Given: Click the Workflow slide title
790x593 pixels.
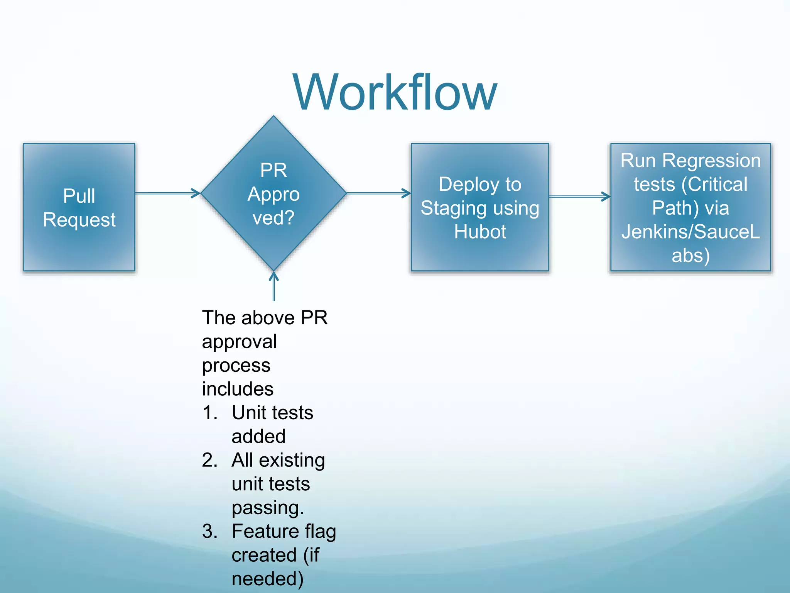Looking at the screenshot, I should pos(395,93).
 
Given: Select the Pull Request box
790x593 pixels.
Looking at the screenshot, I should pos(79,207).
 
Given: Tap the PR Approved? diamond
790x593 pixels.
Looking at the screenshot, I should pos(273,193).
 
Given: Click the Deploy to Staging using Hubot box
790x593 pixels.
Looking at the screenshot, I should pos(480,207).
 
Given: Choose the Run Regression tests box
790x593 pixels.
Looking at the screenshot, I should pos(690,207).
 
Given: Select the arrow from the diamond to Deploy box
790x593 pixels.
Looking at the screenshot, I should pos(378,193).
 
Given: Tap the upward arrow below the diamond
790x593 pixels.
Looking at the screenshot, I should pos(273,286).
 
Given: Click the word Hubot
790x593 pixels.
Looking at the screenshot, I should pos(480,232).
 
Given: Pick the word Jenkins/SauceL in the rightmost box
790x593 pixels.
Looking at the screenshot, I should pos(690,232).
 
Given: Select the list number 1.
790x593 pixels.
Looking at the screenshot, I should pos(210,413).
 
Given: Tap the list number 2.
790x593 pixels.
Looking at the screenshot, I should pos(210,460).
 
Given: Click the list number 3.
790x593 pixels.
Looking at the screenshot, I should pos(210,531).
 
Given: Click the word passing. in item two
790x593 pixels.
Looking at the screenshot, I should pos(268,508).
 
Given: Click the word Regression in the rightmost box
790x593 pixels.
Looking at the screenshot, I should pos(711,160).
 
